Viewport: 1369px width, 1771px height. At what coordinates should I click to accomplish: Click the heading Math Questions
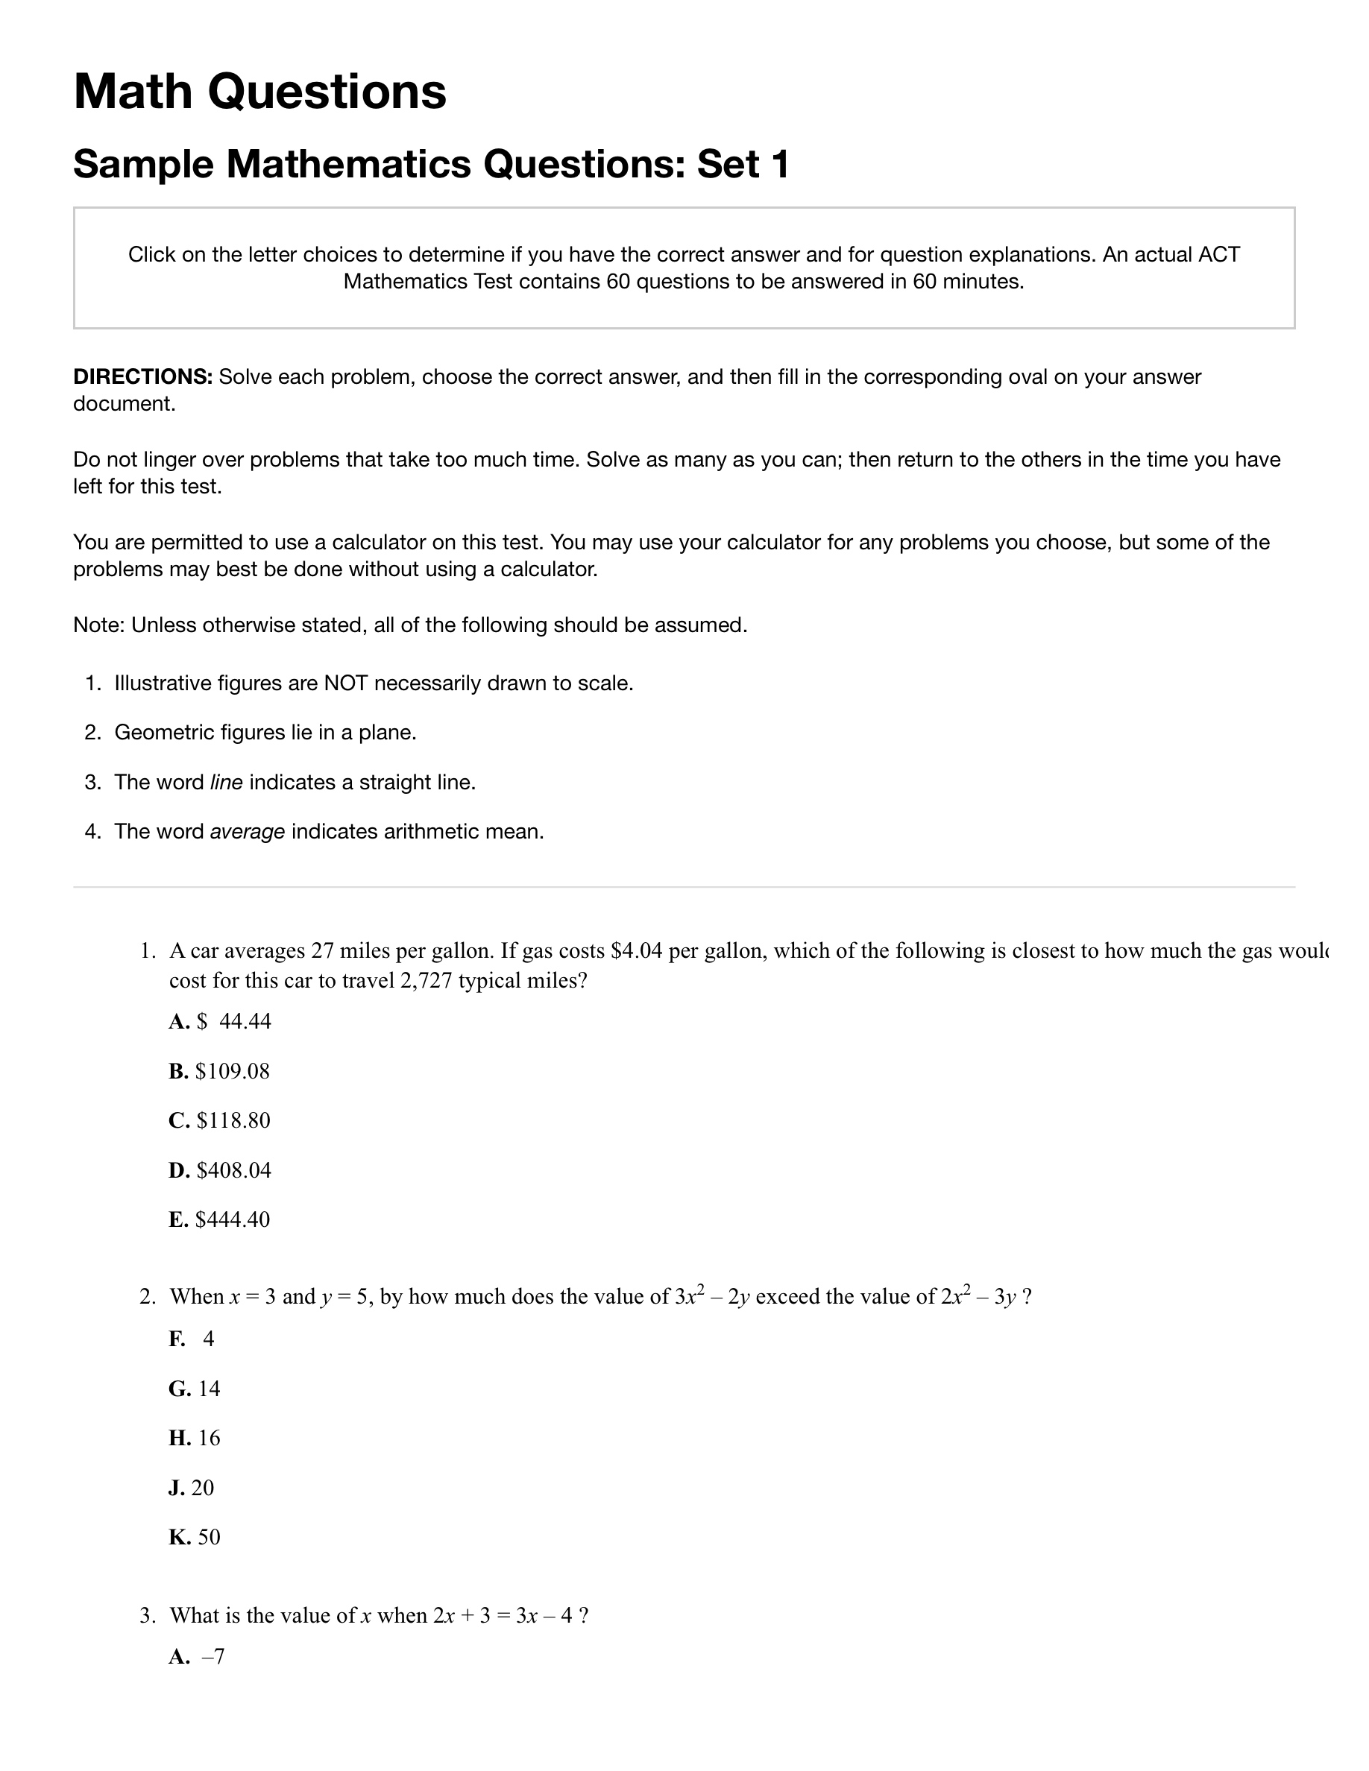259,91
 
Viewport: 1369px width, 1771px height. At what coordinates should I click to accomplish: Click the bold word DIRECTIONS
142,377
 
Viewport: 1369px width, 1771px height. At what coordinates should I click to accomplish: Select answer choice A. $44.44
220,1022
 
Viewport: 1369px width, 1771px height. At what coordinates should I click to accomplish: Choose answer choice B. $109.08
219,1071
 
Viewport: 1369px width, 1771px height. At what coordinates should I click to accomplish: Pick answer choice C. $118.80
220,1120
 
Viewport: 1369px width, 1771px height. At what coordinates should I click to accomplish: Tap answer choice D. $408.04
220,1170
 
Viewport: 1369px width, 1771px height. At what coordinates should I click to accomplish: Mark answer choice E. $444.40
219,1219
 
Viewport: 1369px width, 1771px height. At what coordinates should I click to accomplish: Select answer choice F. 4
192,1339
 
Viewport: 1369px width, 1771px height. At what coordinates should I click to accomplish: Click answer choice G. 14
195,1389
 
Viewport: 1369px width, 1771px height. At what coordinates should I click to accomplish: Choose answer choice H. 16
195,1439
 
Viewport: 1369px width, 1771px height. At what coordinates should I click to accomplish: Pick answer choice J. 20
192,1488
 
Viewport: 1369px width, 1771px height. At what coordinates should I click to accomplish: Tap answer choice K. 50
195,1538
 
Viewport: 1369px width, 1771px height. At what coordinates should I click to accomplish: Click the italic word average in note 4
248,832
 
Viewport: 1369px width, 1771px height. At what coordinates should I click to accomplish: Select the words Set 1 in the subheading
743,164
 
